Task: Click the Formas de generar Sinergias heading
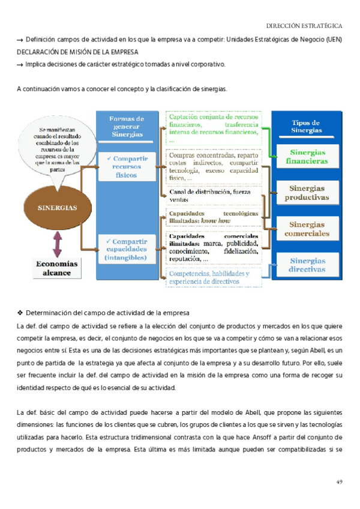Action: click(x=127, y=127)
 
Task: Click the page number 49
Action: click(x=338, y=482)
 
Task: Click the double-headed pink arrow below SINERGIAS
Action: click(x=58, y=244)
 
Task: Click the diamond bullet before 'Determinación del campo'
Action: click(x=20, y=313)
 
